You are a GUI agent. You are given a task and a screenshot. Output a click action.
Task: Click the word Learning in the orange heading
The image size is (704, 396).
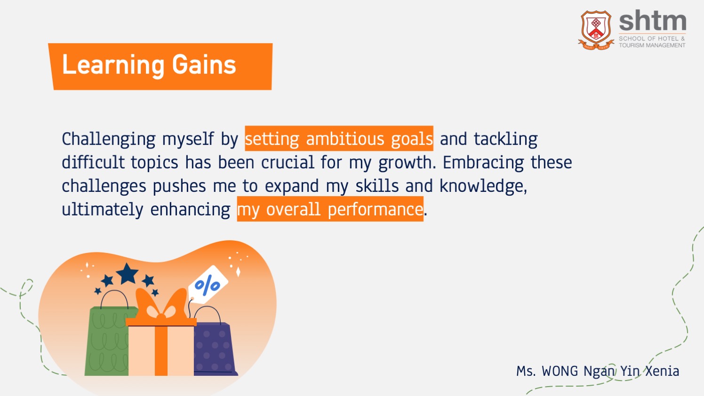[x=113, y=65]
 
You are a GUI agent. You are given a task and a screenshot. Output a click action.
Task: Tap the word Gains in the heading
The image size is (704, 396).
[x=204, y=65]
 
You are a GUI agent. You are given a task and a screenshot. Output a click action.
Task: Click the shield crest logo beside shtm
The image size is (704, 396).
[x=596, y=30]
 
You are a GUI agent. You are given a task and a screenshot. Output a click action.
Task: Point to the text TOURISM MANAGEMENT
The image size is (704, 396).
[x=652, y=45]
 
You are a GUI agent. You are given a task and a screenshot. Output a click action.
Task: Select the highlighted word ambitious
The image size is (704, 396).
[x=345, y=139]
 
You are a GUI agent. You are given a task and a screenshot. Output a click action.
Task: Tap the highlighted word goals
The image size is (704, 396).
[x=412, y=139]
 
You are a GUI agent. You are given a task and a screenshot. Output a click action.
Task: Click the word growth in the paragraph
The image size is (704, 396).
[x=406, y=163]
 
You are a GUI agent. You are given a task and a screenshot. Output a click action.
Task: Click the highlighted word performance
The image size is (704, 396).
[x=375, y=209]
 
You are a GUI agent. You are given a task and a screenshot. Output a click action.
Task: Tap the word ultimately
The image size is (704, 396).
[x=103, y=209]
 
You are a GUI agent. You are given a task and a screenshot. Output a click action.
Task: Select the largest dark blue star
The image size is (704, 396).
[x=127, y=274]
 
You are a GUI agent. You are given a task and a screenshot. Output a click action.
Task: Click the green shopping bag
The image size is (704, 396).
[x=108, y=341]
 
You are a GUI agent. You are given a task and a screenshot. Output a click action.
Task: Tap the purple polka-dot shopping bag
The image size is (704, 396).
[x=214, y=348]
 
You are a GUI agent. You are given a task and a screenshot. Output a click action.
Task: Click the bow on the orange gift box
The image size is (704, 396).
[x=161, y=305]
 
